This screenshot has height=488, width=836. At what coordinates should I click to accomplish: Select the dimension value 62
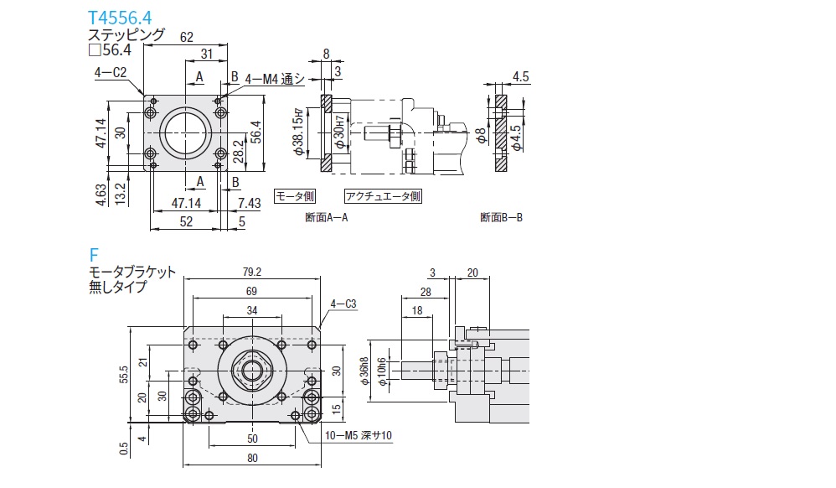pos(186,37)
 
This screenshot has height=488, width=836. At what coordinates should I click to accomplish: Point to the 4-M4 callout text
pos(272,78)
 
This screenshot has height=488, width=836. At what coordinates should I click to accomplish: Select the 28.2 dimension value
pos(238,149)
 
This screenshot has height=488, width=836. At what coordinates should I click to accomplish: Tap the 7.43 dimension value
pos(249,204)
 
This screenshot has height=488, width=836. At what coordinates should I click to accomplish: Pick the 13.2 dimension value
pos(120,193)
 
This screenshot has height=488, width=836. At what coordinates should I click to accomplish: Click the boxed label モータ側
pos(295,196)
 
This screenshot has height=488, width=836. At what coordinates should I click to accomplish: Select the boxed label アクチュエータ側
pos(383,196)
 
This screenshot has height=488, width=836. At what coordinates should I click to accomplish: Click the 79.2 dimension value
pos(251,272)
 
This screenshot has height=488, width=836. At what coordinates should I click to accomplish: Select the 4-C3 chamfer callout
pos(344,304)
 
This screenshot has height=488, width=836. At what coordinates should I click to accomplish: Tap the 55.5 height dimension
pos(124,374)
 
